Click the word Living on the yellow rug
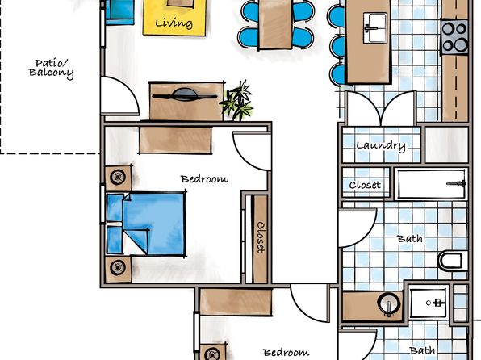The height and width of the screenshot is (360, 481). coord(174,23)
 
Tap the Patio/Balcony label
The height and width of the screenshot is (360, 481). coord(51,68)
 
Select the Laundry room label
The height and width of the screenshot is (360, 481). coord(381,145)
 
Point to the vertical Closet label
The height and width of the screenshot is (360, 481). coord(261,237)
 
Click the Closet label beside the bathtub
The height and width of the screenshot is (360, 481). coord(365,185)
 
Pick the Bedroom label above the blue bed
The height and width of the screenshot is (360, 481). coord(204,178)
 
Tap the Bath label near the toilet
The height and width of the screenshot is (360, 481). coord(410,238)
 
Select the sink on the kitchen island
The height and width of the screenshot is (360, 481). coord(374,28)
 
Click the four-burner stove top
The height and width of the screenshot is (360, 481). coord(454,37)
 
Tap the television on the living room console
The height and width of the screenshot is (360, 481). coord(184,94)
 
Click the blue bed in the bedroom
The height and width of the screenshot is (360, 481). coord(146,224)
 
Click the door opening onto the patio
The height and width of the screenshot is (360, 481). coord(119,95)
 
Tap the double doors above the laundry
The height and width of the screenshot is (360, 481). coord(381,108)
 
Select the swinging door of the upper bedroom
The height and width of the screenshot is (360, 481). coord(252,151)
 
